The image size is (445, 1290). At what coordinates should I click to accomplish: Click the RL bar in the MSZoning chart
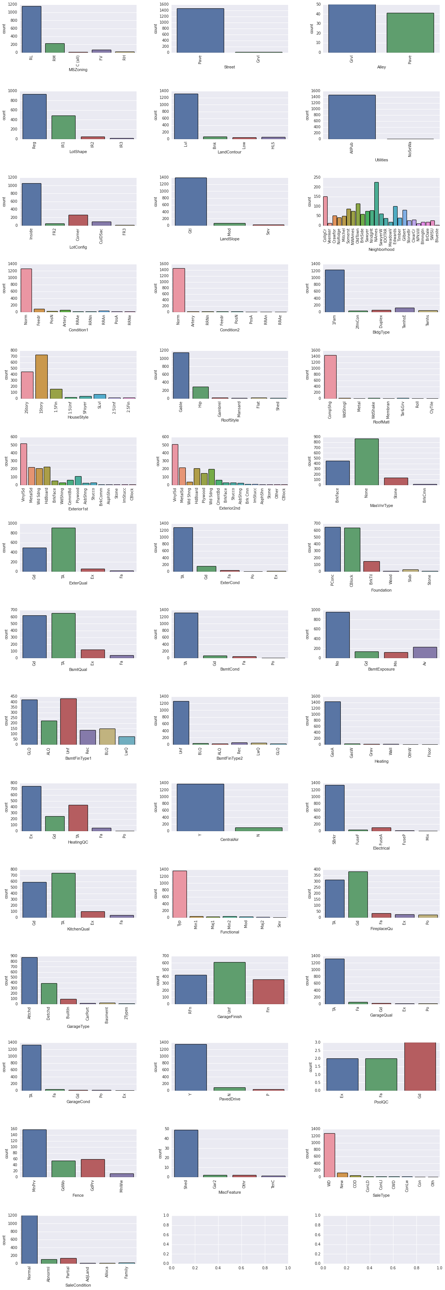(32, 29)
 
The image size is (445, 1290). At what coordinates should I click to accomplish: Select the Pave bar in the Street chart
(200, 30)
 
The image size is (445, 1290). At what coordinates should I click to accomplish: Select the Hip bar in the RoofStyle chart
(200, 393)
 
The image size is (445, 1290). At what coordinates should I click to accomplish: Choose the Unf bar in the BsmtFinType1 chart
(68, 721)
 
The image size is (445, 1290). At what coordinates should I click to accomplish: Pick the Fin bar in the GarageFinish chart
(268, 991)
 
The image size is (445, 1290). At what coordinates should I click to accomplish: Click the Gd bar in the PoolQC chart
(420, 1066)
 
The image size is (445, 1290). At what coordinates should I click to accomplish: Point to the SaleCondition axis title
(78, 1285)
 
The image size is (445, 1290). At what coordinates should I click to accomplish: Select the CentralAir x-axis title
(229, 840)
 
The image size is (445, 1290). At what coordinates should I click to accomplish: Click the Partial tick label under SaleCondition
(68, 1272)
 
